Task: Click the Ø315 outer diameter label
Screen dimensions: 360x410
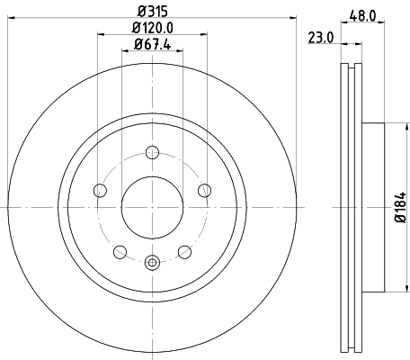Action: click(x=151, y=12)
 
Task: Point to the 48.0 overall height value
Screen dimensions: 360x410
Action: click(x=363, y=15)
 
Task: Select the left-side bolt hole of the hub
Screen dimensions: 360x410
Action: click(x=99, y=189)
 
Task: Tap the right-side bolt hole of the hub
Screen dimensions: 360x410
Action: click(x=204, y=189)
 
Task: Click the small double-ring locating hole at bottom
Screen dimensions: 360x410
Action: click(x=152, y=263)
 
